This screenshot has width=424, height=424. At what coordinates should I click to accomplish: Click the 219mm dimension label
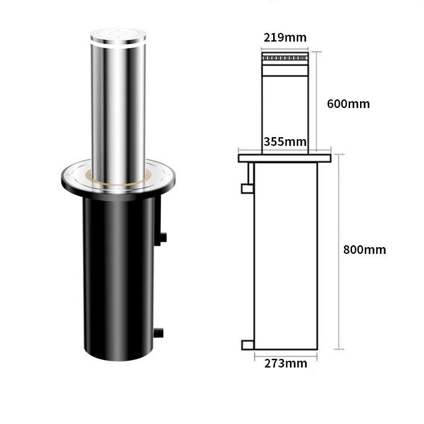pos(285,38)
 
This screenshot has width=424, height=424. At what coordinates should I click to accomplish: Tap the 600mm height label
pos(348,104)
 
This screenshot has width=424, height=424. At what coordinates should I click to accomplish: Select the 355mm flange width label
pos(285,142)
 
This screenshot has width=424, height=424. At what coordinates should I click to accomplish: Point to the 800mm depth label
pos(364,250)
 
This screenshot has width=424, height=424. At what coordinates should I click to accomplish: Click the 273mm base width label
pos(285,363)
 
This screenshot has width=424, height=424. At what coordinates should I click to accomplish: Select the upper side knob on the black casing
pos(163,237)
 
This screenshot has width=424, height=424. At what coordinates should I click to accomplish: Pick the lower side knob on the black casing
pos(160,333)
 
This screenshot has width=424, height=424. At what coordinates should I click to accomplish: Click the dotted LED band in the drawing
pos(285,60)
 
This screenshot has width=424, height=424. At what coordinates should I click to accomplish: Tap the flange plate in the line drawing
pos(285,158)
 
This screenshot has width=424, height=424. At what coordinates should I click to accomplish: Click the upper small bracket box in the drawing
pos(247,187)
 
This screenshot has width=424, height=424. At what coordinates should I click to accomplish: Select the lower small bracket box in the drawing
pos(247,345)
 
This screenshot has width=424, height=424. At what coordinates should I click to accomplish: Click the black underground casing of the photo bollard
pos(119,279)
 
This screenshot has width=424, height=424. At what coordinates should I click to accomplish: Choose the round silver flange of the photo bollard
pos(74,180)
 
